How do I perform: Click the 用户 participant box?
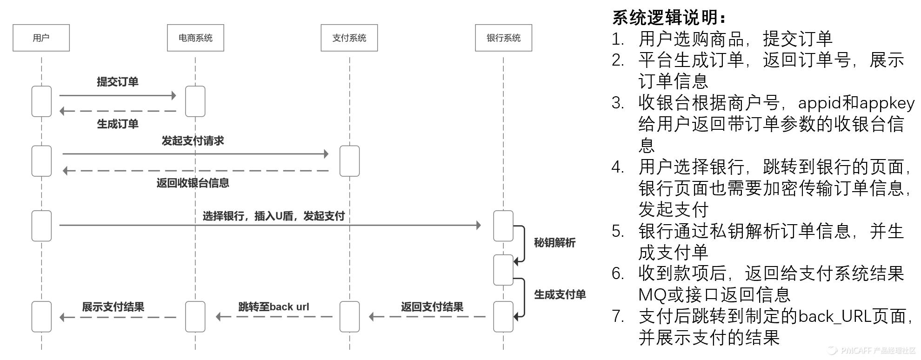[x=41, y=38]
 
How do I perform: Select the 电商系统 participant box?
[x=195, y=38]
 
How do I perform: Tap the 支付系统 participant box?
[x=349, y=38]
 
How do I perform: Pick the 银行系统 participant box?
[x=503, y=38]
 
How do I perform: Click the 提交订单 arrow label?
[x=118, y=82]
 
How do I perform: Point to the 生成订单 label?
[x=118, y=124]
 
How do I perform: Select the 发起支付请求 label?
[x=193, y=140]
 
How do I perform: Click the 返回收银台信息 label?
[x=193, y=183]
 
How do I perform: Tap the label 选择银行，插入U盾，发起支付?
[x=274, y=216]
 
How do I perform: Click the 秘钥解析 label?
[x=554, y=242]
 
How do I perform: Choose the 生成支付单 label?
[x=560, y=294]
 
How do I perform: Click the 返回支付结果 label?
[x=432, y=307]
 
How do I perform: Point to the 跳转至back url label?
[x=274, y=307]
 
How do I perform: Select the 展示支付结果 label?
[x=113, y=307]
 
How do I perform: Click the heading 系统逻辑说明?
[x=669, y=18]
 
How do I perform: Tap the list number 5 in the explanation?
[x=617, y=231]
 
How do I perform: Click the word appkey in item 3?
[x=887, y=103]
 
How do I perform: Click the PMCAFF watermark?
[x=873, y=351]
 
